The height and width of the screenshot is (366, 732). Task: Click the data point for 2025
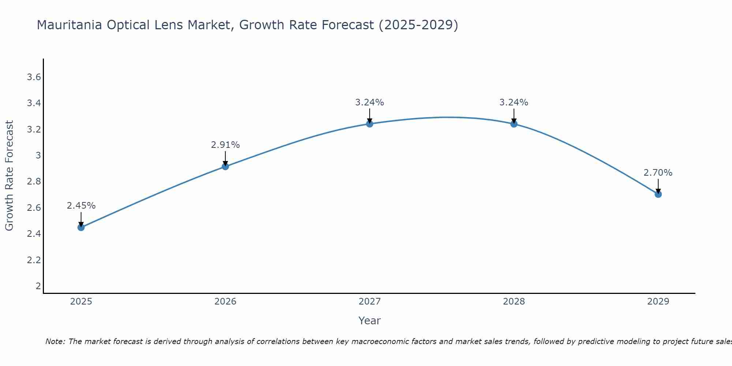[81, 227]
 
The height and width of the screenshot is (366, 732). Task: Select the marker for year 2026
[225, 167]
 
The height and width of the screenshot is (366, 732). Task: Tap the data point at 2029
[658, 194]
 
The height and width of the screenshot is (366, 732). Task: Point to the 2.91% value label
[225, 145]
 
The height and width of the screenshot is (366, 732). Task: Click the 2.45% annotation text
[81, 206]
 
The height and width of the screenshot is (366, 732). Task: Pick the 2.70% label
[658, 173]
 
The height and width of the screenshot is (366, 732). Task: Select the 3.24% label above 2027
[370, 102]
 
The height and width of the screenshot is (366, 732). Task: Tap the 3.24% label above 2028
[514, 102]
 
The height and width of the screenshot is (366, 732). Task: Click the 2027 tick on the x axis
[370, 302]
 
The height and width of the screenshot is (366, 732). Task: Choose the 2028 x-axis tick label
[514, 302]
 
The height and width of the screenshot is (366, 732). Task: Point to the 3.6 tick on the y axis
[34, 77]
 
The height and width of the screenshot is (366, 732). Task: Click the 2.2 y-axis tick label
[34, 260]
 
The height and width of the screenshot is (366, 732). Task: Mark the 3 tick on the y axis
[38, 156]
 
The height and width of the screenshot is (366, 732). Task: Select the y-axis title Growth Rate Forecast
[10, 176]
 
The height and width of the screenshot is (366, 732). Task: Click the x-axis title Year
[370, 321]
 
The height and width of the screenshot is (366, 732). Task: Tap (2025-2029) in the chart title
[418, 25]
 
